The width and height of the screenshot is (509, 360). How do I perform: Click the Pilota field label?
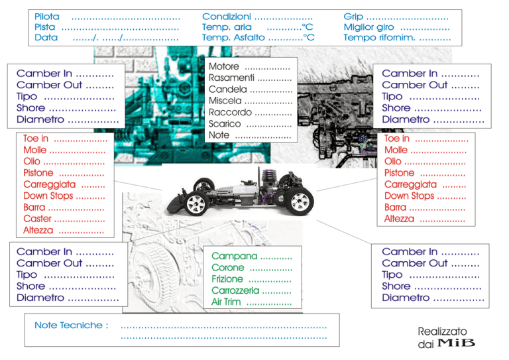point(47,17)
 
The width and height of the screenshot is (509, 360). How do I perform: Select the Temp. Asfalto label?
point(233,37)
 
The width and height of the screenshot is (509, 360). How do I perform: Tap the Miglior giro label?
point(368,27)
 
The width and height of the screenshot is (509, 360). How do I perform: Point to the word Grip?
point(353,17)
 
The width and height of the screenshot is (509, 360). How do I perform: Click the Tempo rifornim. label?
point(379,37)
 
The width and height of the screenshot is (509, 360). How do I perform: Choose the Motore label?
point(223,66)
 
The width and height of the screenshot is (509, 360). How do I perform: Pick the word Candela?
point(227,90)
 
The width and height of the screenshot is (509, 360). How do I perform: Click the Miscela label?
point(225,101)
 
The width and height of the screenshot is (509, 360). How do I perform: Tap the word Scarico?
point(225,124)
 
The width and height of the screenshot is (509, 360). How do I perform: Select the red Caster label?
point(37,219)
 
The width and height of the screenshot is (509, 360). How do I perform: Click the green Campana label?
point(235,256)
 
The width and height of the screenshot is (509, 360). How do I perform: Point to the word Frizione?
point(227,279)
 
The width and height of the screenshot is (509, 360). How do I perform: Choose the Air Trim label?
point(226,302)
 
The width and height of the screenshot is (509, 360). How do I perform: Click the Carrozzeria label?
point(235,290)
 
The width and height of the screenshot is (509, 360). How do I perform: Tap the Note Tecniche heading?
point(72,326)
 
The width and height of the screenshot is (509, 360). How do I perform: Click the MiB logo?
point(457,343)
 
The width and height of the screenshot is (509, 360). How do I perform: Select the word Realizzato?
point(442,331)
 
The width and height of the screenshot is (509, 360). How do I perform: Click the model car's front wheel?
point(197,204)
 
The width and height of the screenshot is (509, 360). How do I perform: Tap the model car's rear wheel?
point(300,202)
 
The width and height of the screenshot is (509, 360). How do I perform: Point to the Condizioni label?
point(227,17)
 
